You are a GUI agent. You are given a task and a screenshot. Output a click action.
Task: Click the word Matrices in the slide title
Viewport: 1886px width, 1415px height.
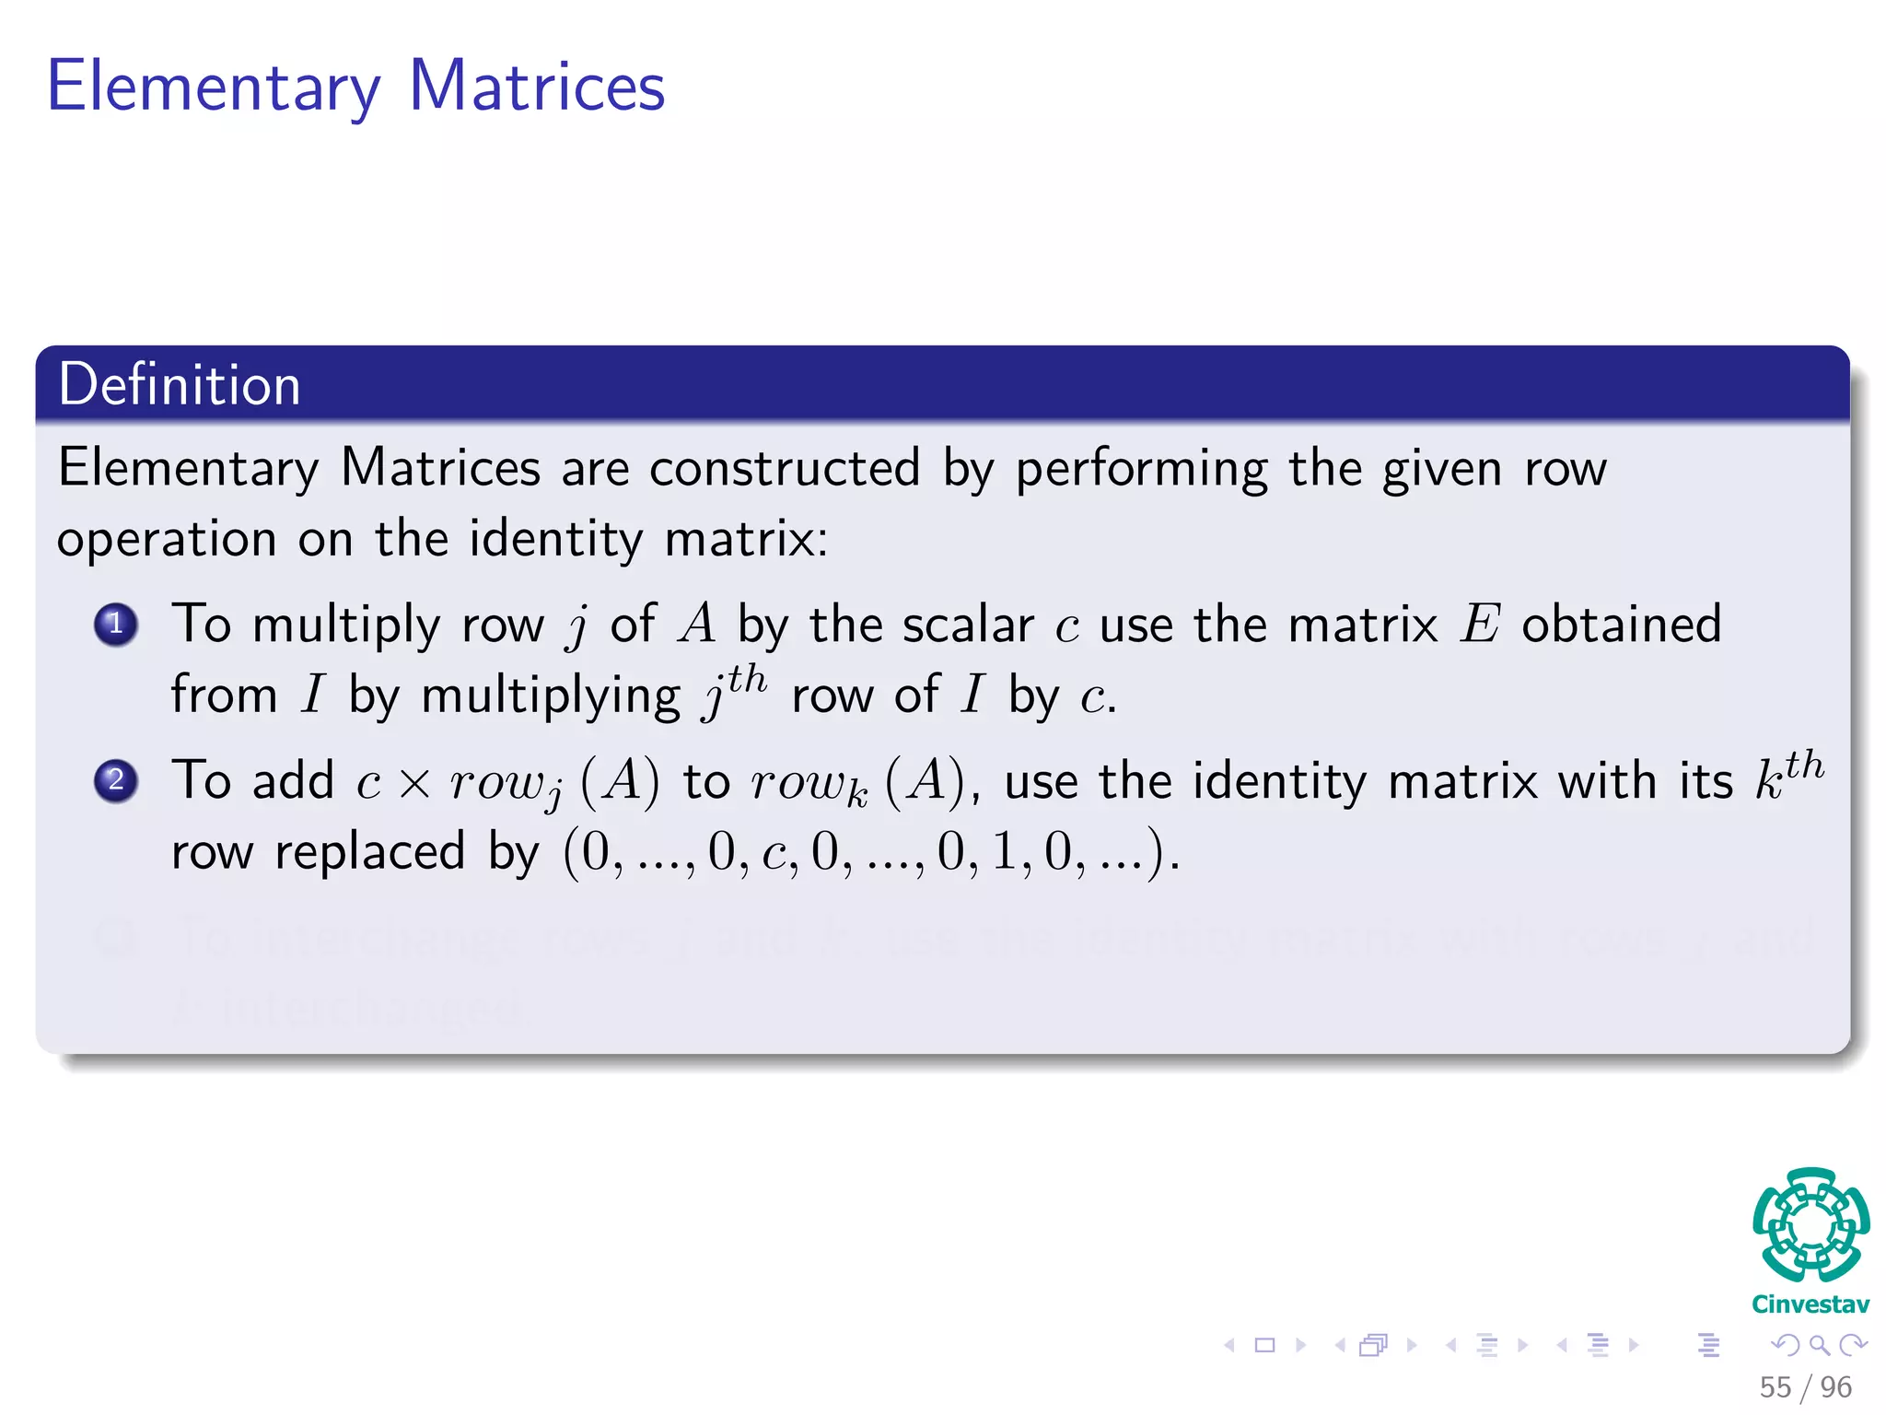(x=536, y=87)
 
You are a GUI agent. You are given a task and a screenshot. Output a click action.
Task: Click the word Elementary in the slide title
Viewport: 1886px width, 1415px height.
(x=214, y=88)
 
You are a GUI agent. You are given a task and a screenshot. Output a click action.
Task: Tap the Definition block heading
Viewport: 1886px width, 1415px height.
(x=180, y=384)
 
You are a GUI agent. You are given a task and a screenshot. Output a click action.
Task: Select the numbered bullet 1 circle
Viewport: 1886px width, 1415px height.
(x=116, y=625)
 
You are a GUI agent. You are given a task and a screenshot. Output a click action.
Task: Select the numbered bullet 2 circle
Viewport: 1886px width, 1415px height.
(x=116, y=781)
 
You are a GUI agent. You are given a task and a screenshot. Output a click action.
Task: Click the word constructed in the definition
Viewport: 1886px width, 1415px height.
(x=785, y=468)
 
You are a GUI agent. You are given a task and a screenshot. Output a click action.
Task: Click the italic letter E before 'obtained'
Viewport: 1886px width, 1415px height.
(x=1481, y=625)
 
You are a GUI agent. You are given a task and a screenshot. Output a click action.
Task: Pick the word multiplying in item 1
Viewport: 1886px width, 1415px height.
(x=551, y=696)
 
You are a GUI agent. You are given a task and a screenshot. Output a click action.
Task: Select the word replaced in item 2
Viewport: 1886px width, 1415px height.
(x=370, y=851)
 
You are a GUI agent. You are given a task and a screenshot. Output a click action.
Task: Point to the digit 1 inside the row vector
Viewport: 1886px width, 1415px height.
(x=1004, y=851)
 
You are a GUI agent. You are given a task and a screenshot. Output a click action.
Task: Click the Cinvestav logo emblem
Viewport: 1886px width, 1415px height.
(x=1810, y=1225)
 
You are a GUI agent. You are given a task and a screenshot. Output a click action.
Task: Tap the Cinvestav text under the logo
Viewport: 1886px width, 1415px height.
(x=1810, y=1304)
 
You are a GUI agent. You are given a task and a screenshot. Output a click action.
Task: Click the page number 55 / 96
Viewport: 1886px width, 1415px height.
(x=1805, y=1387)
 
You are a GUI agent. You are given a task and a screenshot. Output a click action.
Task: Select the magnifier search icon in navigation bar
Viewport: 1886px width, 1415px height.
(x=1819, y=1345)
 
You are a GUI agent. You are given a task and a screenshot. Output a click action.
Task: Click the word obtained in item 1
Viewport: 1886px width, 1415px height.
(x=1621, y=625)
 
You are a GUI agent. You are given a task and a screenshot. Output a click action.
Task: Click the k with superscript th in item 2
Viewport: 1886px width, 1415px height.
(x=1788, y=774)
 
